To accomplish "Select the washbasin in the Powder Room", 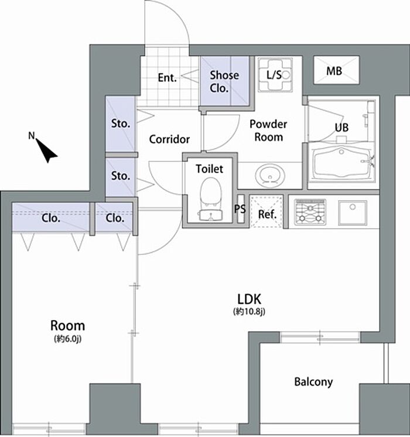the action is click(x=270, y=176).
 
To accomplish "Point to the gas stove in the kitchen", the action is click(x=310, y=212).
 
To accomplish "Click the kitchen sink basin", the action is click(x=353, y=212).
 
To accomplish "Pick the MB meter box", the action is click(x=336, y=70).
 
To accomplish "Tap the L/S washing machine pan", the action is click(x=275, y=75).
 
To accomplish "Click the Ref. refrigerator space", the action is click(x=267, y=212).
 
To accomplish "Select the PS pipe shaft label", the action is click(x=240, y=208).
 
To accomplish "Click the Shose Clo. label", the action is click(x=224, y=81).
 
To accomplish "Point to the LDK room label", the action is click(x=249, y=300).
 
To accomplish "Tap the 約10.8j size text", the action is click(x=249, y=312).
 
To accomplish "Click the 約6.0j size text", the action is click(x=67, y=338).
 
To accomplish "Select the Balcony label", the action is click(x=313, y=382).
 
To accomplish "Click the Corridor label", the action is click(x=169, y=139).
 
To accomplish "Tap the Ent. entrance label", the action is click(x=167, y=77).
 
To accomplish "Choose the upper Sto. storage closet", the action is click(x=121, y=124).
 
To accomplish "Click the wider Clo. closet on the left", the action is click(x=51, y=217).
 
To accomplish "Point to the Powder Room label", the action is click(x=268, y=130).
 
